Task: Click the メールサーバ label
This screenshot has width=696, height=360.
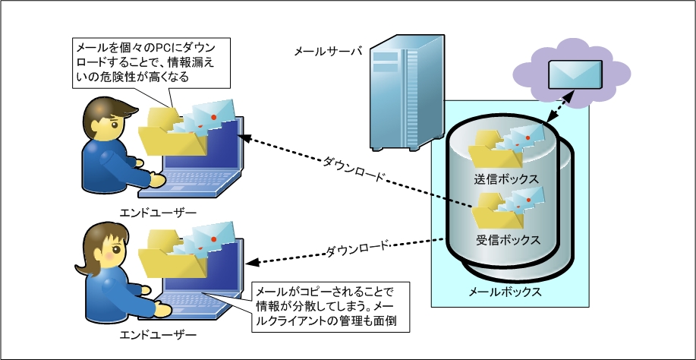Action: (x=328, y=52)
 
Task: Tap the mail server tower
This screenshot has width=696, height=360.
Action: (x=408, y=93)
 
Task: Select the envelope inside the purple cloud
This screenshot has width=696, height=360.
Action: (x=575, y=74)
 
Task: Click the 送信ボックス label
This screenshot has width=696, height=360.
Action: (x=506, y=179)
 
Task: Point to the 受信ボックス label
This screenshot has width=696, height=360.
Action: (x=509, y=241)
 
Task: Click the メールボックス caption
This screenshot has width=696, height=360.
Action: (x=505, y=292)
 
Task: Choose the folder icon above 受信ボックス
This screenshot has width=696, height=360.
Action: (x=496, y=210)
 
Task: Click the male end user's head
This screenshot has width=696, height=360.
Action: (x=108, y=118)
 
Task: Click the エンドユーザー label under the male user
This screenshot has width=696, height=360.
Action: (x=158, y=213)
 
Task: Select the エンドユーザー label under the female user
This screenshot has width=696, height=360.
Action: (x=158, y=334)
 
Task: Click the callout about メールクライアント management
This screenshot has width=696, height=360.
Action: (x=330, y=306)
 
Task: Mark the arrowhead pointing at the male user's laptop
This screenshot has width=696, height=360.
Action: (x=244, y=138)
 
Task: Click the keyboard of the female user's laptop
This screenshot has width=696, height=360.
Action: (x=195, y=300)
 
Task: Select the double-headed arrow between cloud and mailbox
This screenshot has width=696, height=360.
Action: (x=560, y=106)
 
